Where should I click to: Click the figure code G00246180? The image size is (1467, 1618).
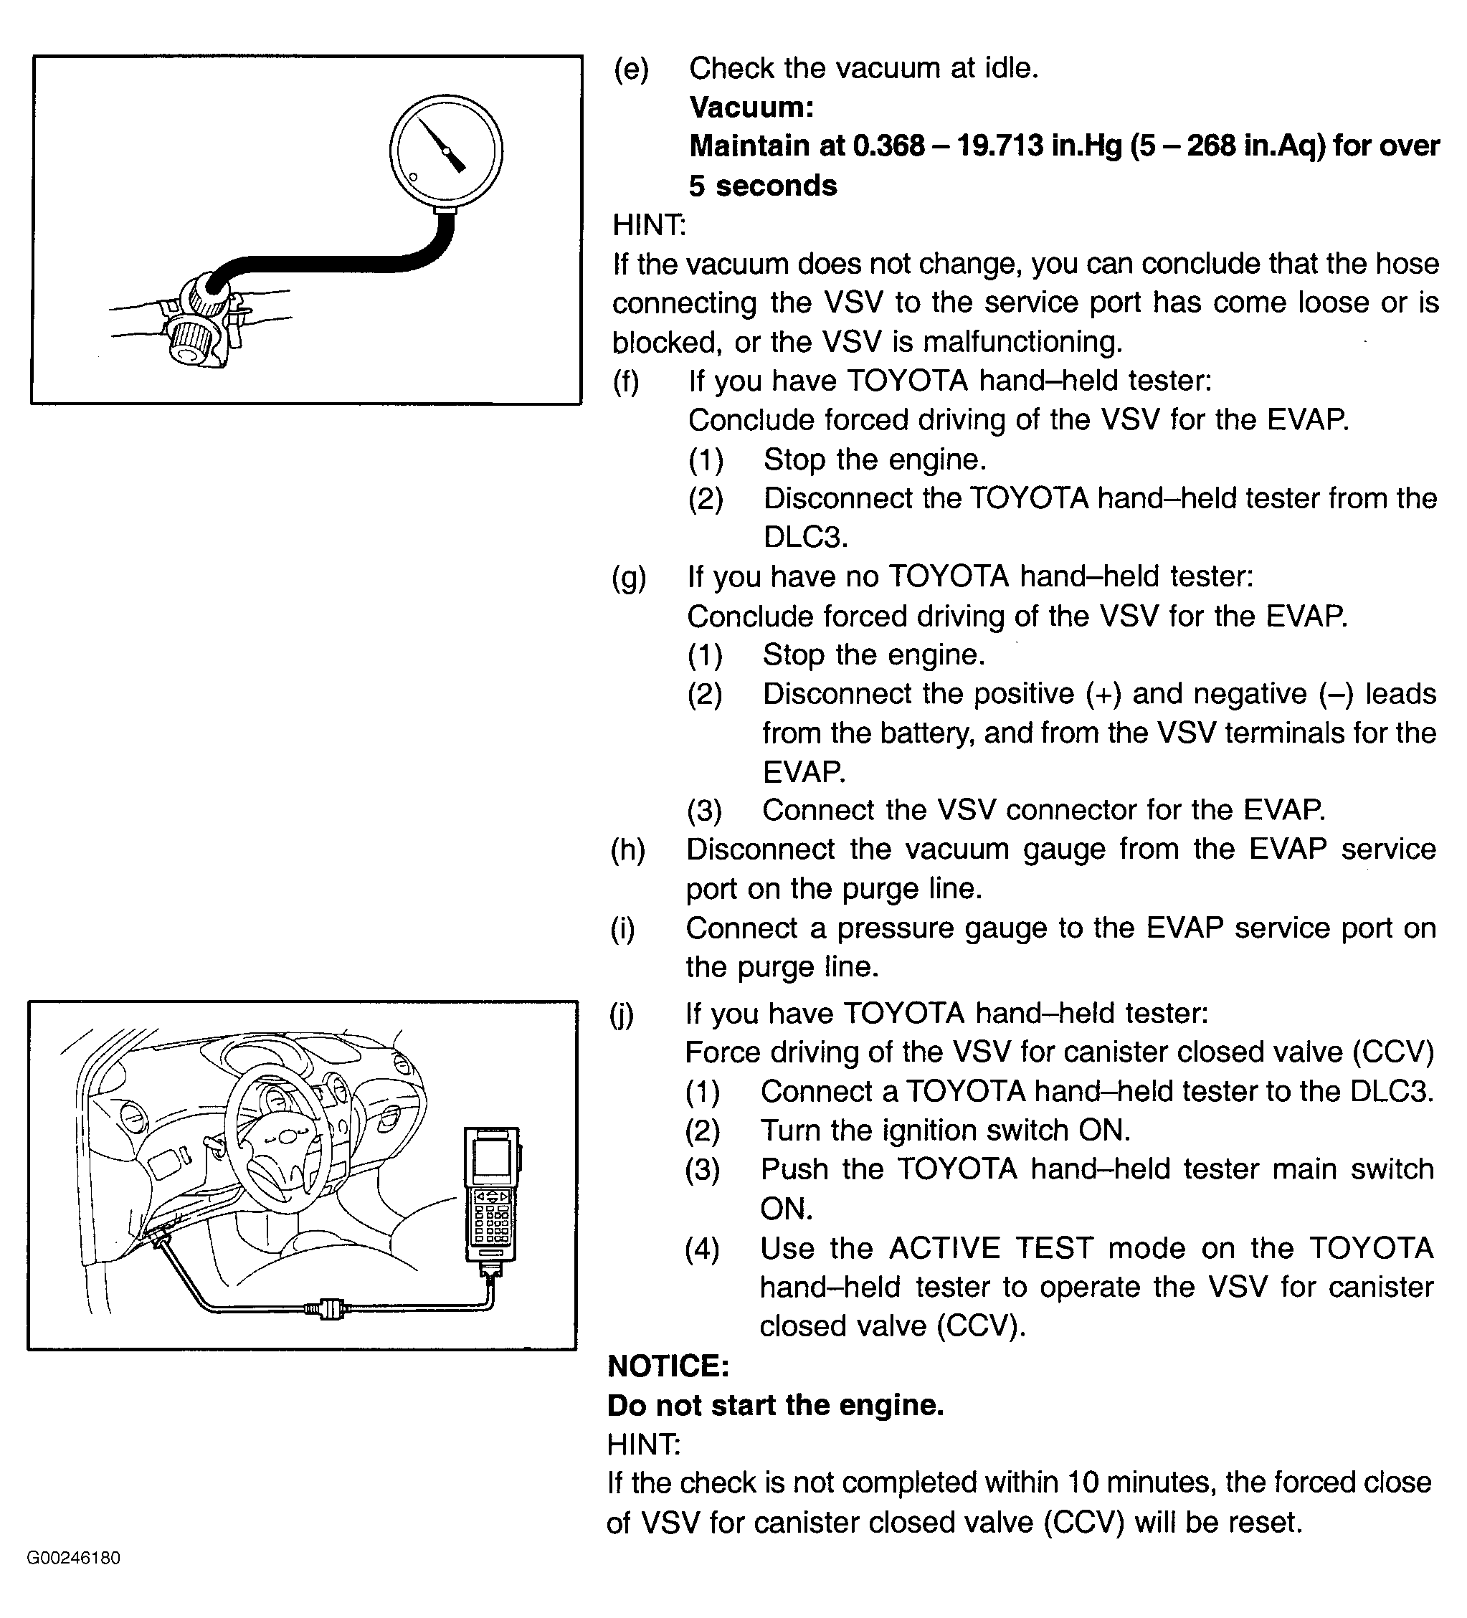click(74, 1558)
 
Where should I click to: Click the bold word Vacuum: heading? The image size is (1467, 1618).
click(751, 107)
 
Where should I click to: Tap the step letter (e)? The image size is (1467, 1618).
click(631, 68)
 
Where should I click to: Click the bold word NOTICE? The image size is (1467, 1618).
click(668, 1365)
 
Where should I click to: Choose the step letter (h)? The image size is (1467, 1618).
click(627, 849)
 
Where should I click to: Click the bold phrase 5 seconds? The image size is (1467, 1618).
click(762, 186)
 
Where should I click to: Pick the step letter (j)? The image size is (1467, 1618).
click(622, 1014)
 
